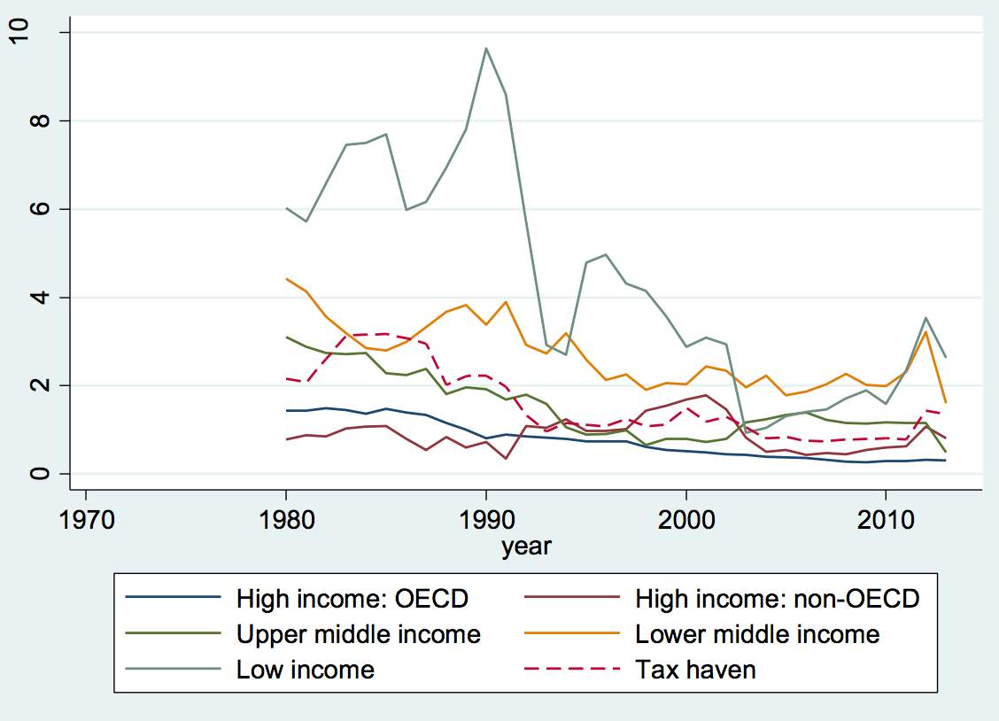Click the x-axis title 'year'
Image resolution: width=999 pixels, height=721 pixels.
[526, 547]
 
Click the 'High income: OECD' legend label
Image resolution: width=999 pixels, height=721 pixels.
[352, 599]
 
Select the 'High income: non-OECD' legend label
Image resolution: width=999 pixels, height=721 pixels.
[778, 599]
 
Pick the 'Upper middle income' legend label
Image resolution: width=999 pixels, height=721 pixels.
[358, 634]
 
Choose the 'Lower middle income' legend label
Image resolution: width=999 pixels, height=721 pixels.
[757, 634]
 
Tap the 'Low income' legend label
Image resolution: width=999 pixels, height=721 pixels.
[305, 670]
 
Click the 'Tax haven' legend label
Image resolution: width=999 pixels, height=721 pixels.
[695, 670]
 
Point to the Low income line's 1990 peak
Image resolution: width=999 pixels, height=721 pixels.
[486, 48]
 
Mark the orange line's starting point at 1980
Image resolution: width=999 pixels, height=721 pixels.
[286, 279]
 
